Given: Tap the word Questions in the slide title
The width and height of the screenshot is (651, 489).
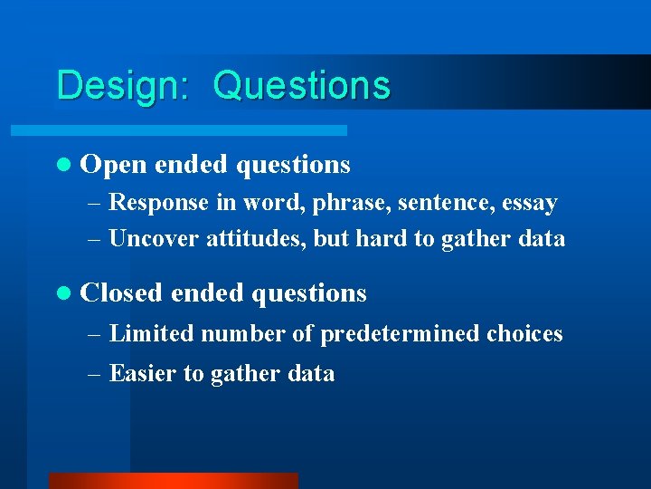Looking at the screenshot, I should pos(302,86).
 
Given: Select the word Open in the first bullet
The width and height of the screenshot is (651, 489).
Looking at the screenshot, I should pos(114,165).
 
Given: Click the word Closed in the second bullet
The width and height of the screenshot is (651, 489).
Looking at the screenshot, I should pos(121,293).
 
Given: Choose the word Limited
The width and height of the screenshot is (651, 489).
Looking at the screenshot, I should pos(151,334).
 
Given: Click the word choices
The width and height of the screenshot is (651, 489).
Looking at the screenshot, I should pos(524,334).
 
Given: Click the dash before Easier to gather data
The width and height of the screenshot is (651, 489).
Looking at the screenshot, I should pos(95,374).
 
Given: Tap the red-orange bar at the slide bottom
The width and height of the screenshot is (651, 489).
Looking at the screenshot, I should pos(172,481).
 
